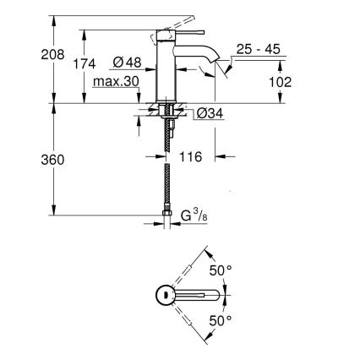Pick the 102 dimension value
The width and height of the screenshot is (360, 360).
tap(281, 81)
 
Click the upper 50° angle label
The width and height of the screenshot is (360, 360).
tap(221, 271)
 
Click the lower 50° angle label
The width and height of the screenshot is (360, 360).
tap(221, 322)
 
